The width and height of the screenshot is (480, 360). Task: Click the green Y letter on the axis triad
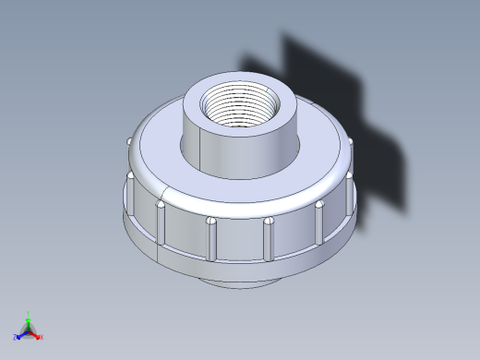[29, 314]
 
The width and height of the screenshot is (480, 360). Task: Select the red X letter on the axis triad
[42, 337]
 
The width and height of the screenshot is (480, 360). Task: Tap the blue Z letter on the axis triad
[16, 338]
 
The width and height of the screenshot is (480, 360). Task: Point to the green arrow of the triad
[29, 322]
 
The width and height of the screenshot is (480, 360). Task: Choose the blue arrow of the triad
[22, 334]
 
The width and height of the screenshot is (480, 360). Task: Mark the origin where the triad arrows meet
[29, 330]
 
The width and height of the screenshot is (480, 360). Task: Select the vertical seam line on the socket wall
[202, 148]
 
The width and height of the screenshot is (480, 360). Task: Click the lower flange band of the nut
[240, 263]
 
